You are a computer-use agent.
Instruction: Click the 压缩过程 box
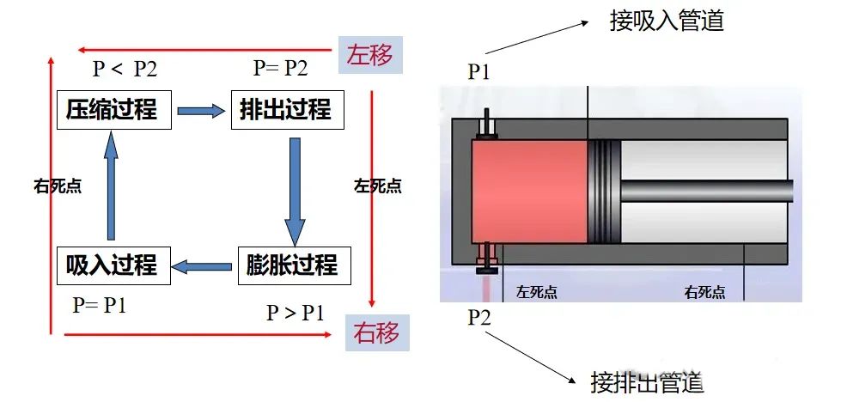(112, 109)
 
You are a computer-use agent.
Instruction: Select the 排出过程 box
(280, 109)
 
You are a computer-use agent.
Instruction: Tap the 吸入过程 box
(112, 265)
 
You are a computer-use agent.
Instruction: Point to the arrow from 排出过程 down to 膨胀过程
(295, 188)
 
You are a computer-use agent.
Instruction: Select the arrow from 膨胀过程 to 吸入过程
(204, 266)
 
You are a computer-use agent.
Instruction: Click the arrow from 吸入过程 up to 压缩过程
(110, 188)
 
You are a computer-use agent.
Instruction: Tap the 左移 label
(370, 55)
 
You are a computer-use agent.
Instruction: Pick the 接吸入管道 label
(667, 21)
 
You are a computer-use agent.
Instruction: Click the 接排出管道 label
(647, 381)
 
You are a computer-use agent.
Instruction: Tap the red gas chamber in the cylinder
(529, 191)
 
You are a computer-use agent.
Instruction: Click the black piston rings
(603, 191)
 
